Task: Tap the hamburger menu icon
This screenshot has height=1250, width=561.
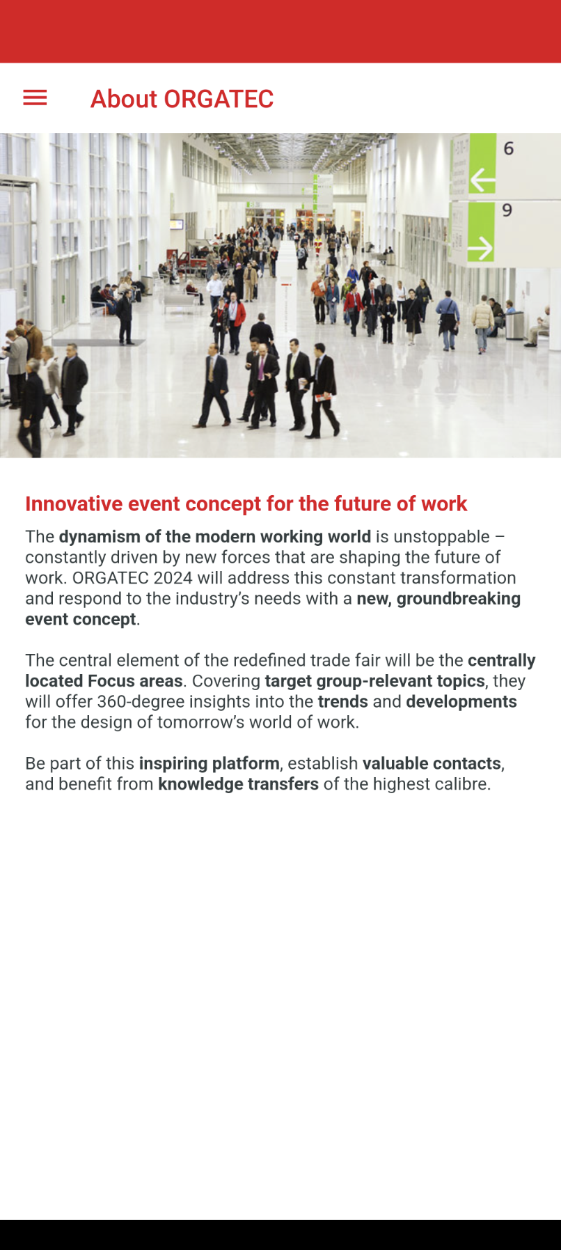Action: point(35,98)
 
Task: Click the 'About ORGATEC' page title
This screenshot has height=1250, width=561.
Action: point(182,99)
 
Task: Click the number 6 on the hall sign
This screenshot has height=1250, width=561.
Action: point(509,148)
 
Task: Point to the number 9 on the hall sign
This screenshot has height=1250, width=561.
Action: point(507,210)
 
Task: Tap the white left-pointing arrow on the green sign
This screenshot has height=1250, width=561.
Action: point(482,180)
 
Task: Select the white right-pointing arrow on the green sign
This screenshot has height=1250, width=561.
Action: point(480,248)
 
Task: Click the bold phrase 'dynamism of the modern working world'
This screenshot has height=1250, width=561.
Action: point(215,537)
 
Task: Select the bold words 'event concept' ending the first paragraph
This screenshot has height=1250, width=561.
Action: point(81,619)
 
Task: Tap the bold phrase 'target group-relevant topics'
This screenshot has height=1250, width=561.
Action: point(375,681)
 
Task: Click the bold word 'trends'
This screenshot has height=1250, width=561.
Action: point(343,701)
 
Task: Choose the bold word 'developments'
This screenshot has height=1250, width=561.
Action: point(461,701)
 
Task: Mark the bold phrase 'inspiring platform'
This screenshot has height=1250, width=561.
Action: point(210,763)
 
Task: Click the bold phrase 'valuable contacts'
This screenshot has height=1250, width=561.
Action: point(432,763)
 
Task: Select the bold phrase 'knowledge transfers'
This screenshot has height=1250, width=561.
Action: point(239,784)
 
